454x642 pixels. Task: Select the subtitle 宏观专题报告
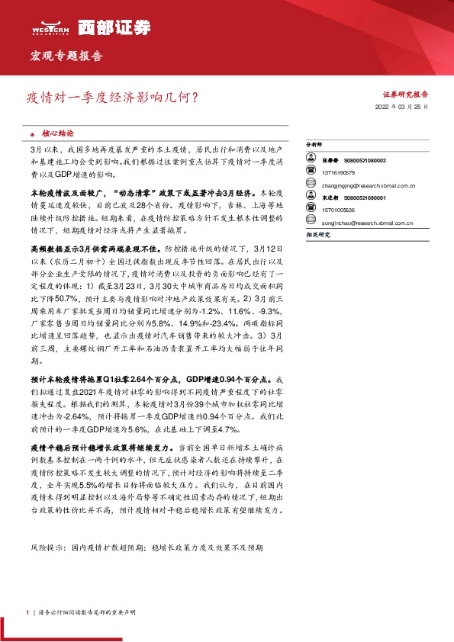pyautogui.click(x=65, y=56)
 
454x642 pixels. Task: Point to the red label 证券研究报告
pyautogui.click(x=404, y=95)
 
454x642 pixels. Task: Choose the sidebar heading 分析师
pyautogui.click(x=314, y=144)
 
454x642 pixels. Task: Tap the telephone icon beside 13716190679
pyautogui.click(x=311, y=172)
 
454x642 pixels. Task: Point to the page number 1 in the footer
pyautogui.click(x=27, y=613)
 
